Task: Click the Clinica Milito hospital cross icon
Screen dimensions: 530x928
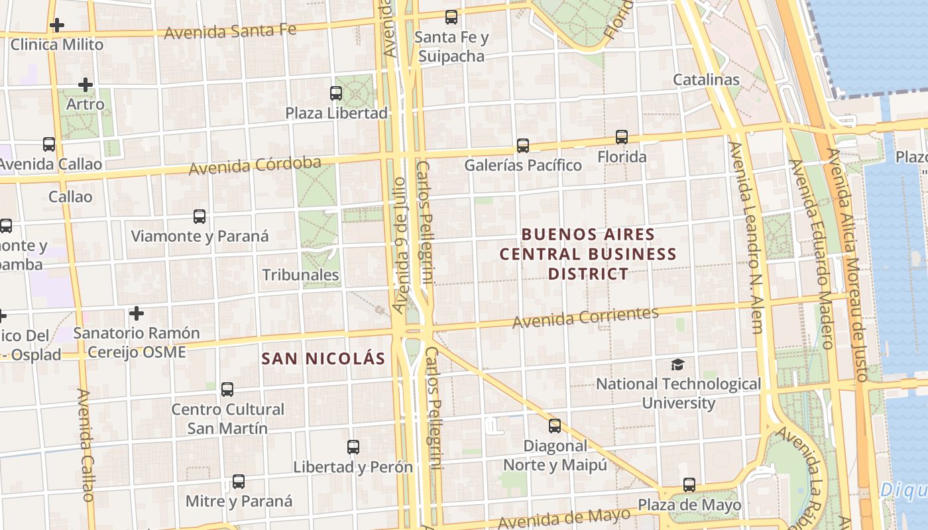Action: [57, 26]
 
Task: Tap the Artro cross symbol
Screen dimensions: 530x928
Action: [85, 85]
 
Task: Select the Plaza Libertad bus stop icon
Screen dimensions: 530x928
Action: [336, 93]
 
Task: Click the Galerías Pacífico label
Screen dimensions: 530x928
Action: [523, 165]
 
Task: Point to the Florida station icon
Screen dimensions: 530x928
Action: [622, 137]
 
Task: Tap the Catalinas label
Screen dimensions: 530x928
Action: [706, 79]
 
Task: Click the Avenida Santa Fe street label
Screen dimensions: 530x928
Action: [230, 31]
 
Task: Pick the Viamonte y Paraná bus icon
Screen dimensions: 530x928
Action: [200, 216]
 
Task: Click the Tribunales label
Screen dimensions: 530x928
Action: [300, 275]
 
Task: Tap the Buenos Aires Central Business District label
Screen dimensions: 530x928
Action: [588, 254]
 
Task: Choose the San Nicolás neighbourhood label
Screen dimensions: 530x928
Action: [323, 358]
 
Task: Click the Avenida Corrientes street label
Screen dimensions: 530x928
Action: [585, 317]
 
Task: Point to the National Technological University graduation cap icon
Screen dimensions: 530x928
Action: [678, 364]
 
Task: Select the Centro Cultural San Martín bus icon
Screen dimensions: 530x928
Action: [227, 390]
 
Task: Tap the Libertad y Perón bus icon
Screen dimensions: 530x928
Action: [353, 447]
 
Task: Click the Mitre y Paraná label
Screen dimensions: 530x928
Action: [239, 501]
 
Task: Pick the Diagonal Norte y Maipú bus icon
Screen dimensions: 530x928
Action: [555, 426]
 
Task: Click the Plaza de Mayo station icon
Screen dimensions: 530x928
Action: [689, 485]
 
